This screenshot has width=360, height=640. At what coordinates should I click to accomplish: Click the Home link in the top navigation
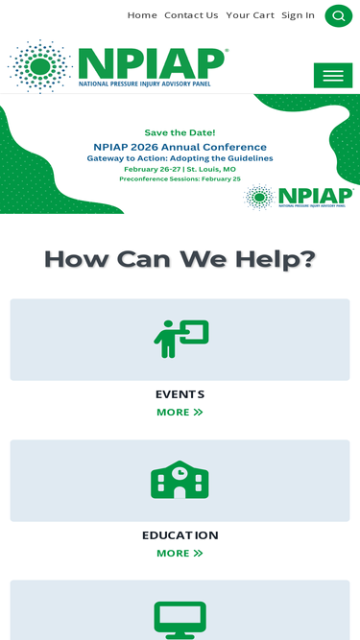click(x=142, y=15)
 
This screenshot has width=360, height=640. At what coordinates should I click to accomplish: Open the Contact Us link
click(x=191, y=15)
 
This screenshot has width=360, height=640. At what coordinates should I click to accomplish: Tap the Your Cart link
click(x=250, y=15)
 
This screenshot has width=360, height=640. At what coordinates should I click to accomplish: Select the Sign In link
click(x=298, y=15)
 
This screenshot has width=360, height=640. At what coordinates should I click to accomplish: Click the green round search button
click(x=338, y=15)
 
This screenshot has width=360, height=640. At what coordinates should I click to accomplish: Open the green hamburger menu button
click(x=333, y=76)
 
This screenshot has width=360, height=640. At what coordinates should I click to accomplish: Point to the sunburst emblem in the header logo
click(x=39, y=65)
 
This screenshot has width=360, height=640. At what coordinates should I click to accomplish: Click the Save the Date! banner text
click(x=180, y=132)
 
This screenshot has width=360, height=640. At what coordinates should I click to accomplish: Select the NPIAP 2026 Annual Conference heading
click(x=180, y=147)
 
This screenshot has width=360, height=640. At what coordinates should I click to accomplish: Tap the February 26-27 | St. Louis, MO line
click(x=180, y=169)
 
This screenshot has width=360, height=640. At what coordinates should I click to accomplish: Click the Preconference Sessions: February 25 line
click(x=180, y=179)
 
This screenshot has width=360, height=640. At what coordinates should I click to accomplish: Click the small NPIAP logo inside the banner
click(x=299, y=197)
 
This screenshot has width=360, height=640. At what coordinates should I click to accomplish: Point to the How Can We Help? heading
click(x=180, y=259)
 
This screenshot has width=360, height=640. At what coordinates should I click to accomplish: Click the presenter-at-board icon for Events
click(x=180, y=339)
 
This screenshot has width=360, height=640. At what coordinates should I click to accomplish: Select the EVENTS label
click(x=180, y=394)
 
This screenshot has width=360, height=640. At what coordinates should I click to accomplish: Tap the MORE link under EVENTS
click(x=180, y=413)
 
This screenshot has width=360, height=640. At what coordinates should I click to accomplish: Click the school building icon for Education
click(x=180, y=480)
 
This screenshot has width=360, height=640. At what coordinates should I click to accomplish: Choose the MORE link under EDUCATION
click(x=180, y=554)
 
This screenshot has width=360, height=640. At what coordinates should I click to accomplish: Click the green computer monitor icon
click(x=180, y=619)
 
